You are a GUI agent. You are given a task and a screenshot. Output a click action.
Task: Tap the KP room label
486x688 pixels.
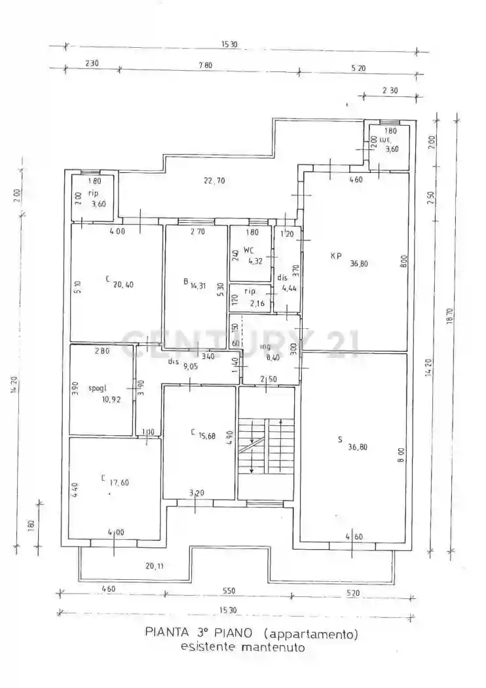tap(335, 256)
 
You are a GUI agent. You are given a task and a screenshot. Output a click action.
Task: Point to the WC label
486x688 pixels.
tap(248, 250)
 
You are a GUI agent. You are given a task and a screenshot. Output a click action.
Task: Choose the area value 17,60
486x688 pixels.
tap(120, 482)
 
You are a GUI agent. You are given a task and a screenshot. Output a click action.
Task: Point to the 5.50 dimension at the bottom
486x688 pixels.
tap(228, 590)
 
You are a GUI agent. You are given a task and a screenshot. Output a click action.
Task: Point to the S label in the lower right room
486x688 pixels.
tap(339, 440)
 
